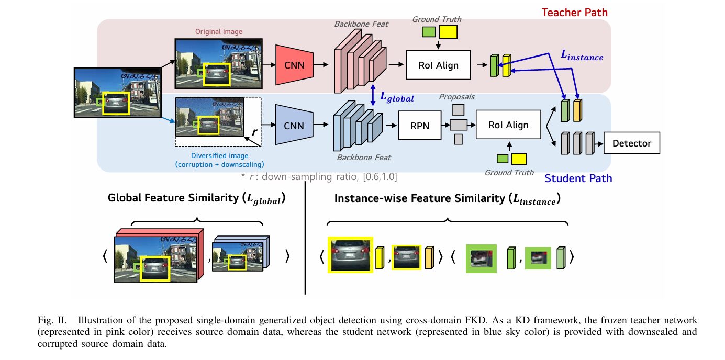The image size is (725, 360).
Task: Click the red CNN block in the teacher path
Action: click(x=294, y=65)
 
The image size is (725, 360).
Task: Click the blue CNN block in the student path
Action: click(x=294, y=125)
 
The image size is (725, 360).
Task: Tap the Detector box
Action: click(x=632, y=143)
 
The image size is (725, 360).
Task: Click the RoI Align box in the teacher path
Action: click(x=438, y=65)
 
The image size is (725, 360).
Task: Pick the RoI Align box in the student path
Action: click(x=508, y=125)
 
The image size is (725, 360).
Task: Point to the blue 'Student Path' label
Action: click(x=578, y=178)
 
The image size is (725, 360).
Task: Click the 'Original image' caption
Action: click(x=219, y=32)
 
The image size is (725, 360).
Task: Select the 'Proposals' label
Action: click(x=456, y=97)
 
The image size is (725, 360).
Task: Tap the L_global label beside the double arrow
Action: click(x=396, y=97)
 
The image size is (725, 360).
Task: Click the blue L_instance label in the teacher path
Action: click(x=582, y=57)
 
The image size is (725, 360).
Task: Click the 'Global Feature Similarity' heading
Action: click(x=199, y=198)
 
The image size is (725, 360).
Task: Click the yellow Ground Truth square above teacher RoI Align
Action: click(x=448, y=32)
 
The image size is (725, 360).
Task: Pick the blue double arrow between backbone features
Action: click(x=372, y=96)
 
